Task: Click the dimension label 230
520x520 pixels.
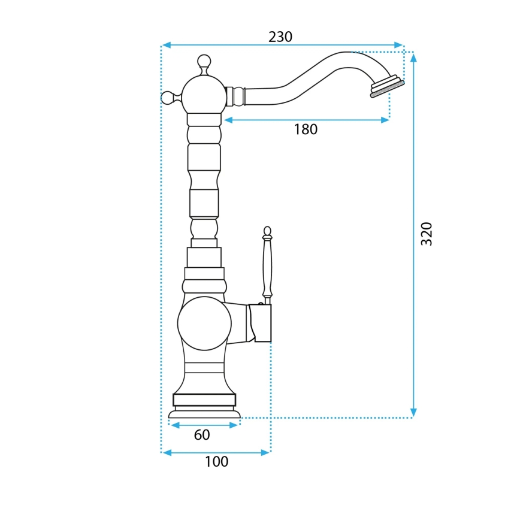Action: click(280, 37)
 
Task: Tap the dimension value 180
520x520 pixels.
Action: click(306, 129)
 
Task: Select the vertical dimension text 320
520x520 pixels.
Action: click(426, 234)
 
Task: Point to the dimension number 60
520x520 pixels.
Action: click(202, 435)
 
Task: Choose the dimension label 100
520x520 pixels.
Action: click(216, 462)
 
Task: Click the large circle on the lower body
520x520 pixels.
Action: click(204, 324)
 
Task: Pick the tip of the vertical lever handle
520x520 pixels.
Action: click(267, 230)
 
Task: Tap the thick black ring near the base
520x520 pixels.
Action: click(204, 400)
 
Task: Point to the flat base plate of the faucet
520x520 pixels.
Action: click(204, 414)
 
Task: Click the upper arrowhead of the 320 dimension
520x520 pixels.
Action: click(413, 57)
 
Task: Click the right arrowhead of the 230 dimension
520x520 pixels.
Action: click(399, 45)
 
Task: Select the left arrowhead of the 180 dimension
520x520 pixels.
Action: click(228, 120)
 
